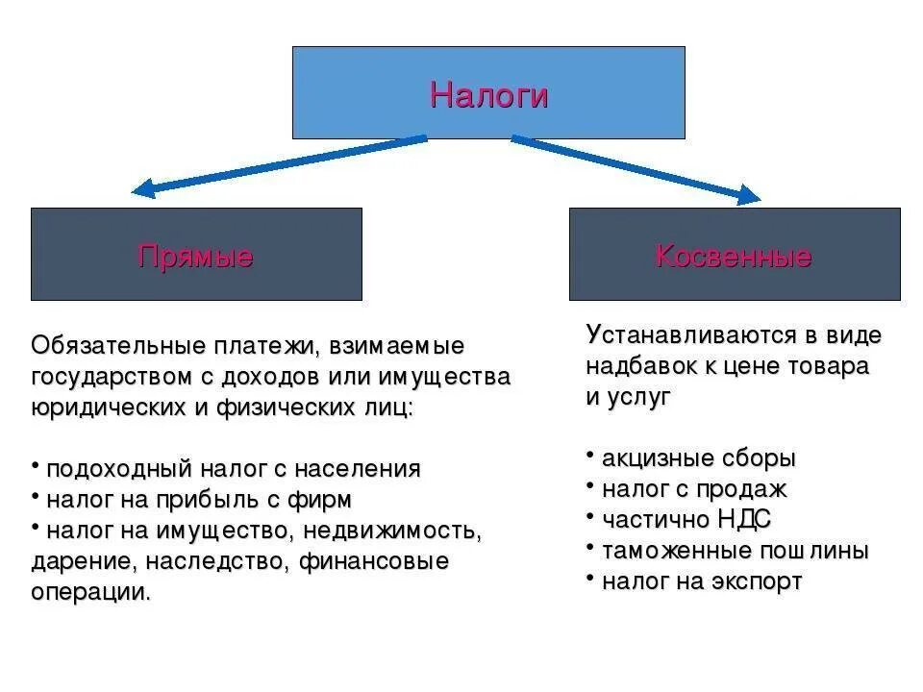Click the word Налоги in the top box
point(488,95)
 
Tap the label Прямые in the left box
point(195,257)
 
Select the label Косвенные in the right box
point(734,257)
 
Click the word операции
point(91,592)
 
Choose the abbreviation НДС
point(743,520)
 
